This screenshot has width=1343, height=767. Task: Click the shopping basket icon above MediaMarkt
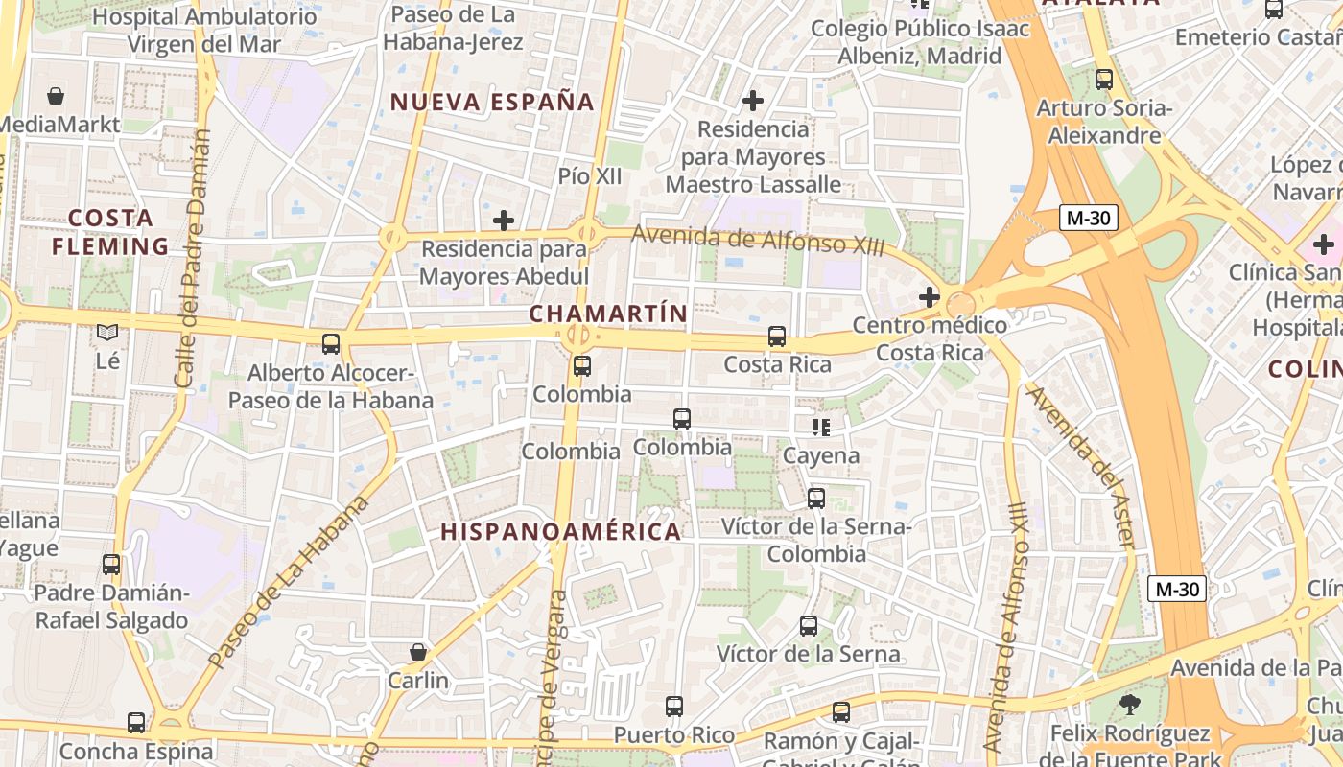[x=56, y=96]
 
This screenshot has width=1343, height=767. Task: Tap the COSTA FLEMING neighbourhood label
[x=110, y=232]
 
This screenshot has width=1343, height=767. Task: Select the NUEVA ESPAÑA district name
[x=492, y=102]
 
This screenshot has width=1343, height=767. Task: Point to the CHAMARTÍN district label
[x=608, y=314]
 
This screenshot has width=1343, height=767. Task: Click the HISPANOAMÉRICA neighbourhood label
[x=560, y=531]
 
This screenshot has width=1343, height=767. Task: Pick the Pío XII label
[x=590, y=176]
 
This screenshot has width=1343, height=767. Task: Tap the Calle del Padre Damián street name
[x=192, y=259]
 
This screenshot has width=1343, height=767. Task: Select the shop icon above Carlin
[x=418, y=652]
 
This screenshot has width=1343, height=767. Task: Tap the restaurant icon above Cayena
[x=820, y=427]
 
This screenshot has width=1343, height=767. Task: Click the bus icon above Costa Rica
[x=777, y=337]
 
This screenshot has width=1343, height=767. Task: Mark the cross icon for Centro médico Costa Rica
[x=929, y=297]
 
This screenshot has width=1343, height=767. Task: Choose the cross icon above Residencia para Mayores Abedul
[x=504, y=221]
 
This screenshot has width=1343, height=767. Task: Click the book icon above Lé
[x=107, y=333]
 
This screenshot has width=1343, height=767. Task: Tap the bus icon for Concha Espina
[x=136, y=722]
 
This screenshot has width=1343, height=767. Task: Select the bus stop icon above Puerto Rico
[x=674, y=707]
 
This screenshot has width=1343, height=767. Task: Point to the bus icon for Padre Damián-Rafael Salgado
[x=111, y=565]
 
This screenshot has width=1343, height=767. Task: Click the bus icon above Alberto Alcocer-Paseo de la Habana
[x=331, y=343]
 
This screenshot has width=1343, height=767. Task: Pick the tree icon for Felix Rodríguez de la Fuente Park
[x=1130, y=705]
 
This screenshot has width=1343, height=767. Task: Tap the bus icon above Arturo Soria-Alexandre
[x=1104, y=80]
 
